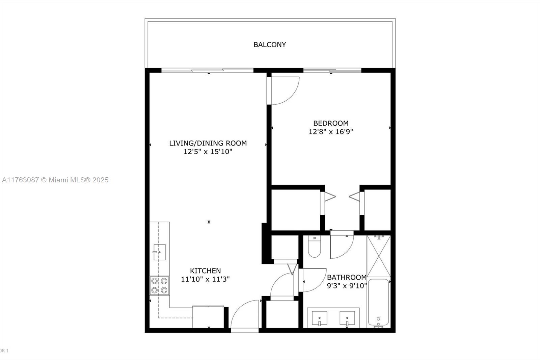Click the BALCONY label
click(270, 45)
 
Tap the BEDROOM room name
click(331, 123)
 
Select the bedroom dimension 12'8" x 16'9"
click(331, 132)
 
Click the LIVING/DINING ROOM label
click(208, 143)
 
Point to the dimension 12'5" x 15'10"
click(208, 152)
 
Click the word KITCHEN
click(205, 271)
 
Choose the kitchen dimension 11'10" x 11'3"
click(205, 279)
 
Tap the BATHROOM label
click(347, 277)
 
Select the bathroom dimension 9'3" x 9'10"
click(347, 286)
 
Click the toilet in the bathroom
click(314, 246)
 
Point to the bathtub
click(378, 303)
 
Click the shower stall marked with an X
click(378, 256)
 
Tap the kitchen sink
click(159, 252)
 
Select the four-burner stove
click(159, 286)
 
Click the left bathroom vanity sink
click(319, 318)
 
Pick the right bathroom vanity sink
click(347, 318)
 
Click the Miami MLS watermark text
click(55, 180)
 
